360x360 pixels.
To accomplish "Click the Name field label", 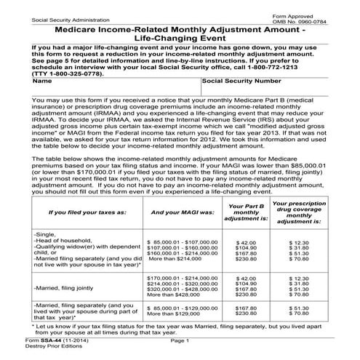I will [x=20, y=81].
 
